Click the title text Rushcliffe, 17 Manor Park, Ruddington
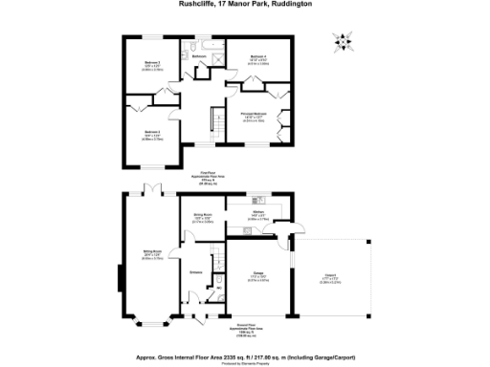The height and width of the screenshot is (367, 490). tap(245, 4)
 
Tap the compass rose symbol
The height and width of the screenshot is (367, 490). tap(343, 41)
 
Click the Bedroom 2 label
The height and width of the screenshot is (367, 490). tap(151, 134)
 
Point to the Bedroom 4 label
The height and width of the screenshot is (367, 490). tap(257, 59)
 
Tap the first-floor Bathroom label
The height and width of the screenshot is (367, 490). tap(199, 56)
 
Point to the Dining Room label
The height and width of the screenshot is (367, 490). tap(201, 218)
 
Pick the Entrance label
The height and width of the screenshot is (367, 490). tap(195, 274)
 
